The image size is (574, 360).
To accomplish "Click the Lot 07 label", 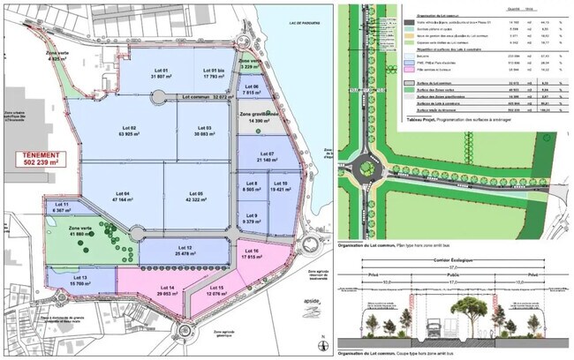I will point(265,156).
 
